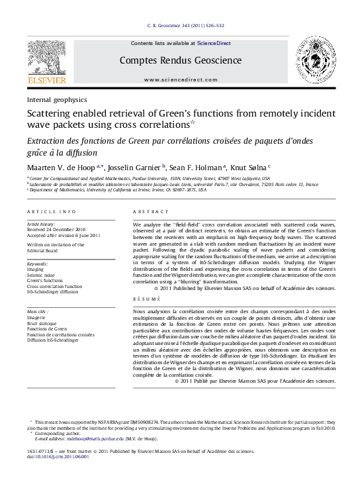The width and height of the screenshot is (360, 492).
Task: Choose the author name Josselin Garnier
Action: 134,168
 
